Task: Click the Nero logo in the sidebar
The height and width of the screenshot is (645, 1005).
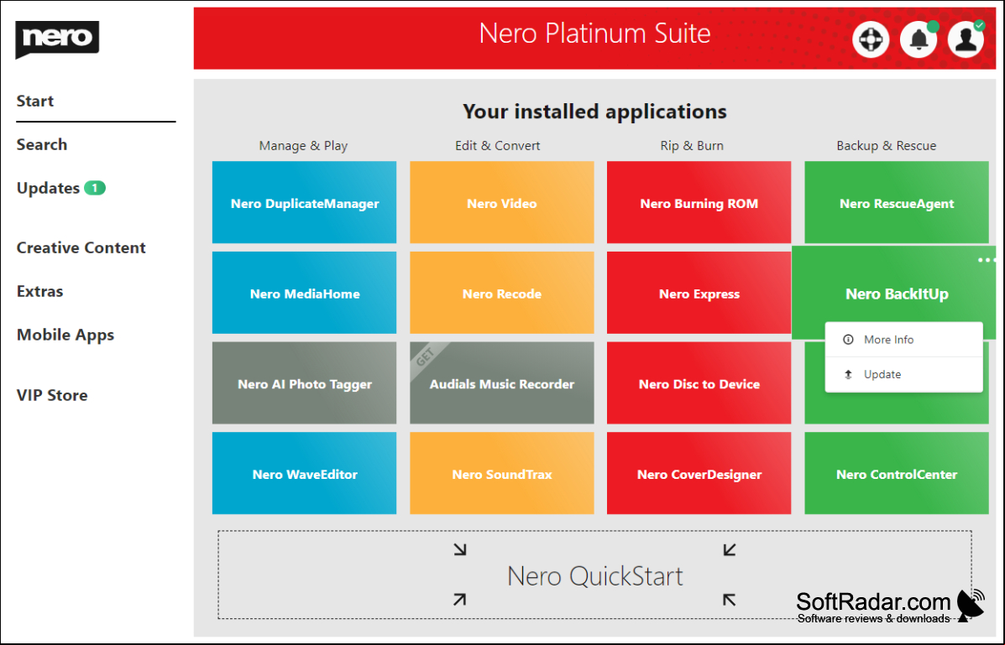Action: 57,39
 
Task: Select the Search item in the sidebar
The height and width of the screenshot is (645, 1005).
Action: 42,145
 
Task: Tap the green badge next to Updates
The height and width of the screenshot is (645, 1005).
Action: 95,189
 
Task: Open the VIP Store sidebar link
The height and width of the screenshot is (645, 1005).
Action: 52,395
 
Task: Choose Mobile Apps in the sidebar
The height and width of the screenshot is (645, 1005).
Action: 65,335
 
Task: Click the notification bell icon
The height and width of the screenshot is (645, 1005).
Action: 919,39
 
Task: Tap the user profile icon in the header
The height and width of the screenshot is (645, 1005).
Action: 966,39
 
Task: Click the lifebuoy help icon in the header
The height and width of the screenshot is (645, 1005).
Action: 871,39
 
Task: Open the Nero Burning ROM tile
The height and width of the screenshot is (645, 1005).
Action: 699,202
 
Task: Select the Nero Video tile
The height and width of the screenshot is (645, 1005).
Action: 502,202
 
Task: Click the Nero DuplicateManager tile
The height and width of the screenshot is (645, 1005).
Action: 305,202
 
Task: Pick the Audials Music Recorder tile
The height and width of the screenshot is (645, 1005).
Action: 502,383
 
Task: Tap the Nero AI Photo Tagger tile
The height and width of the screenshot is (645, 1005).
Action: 305,383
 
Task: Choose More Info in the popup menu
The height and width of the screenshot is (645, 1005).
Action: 888,340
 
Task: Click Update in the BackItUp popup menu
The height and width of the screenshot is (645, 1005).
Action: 882,374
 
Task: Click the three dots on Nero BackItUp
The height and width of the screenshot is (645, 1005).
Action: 987,260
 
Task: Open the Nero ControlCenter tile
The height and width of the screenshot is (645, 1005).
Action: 897,473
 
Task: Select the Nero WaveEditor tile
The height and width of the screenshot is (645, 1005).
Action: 305,473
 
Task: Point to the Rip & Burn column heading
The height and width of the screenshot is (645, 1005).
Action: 692,146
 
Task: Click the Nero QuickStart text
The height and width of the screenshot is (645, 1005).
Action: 594,576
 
